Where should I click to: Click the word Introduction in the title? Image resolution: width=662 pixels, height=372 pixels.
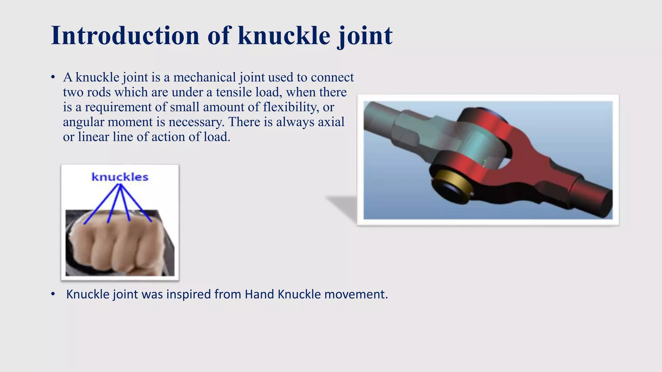pyautogui.click(x=125, y=35)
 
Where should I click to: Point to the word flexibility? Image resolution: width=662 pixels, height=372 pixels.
pyautogui.click(x=291, y=107)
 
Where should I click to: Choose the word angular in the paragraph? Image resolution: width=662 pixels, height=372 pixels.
pyautogui.click(x=83, y=122)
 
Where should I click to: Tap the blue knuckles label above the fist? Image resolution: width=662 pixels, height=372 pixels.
pyautogui.click(x=120, y=177)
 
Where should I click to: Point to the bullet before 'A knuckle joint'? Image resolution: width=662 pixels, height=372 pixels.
pyautogui.click(x=53, y=77)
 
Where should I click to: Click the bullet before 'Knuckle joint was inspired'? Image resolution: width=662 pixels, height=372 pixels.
pyautogui.click(x=53, y=294)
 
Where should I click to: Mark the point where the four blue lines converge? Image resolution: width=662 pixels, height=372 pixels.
pyautogui.click(x=120, y=185)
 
